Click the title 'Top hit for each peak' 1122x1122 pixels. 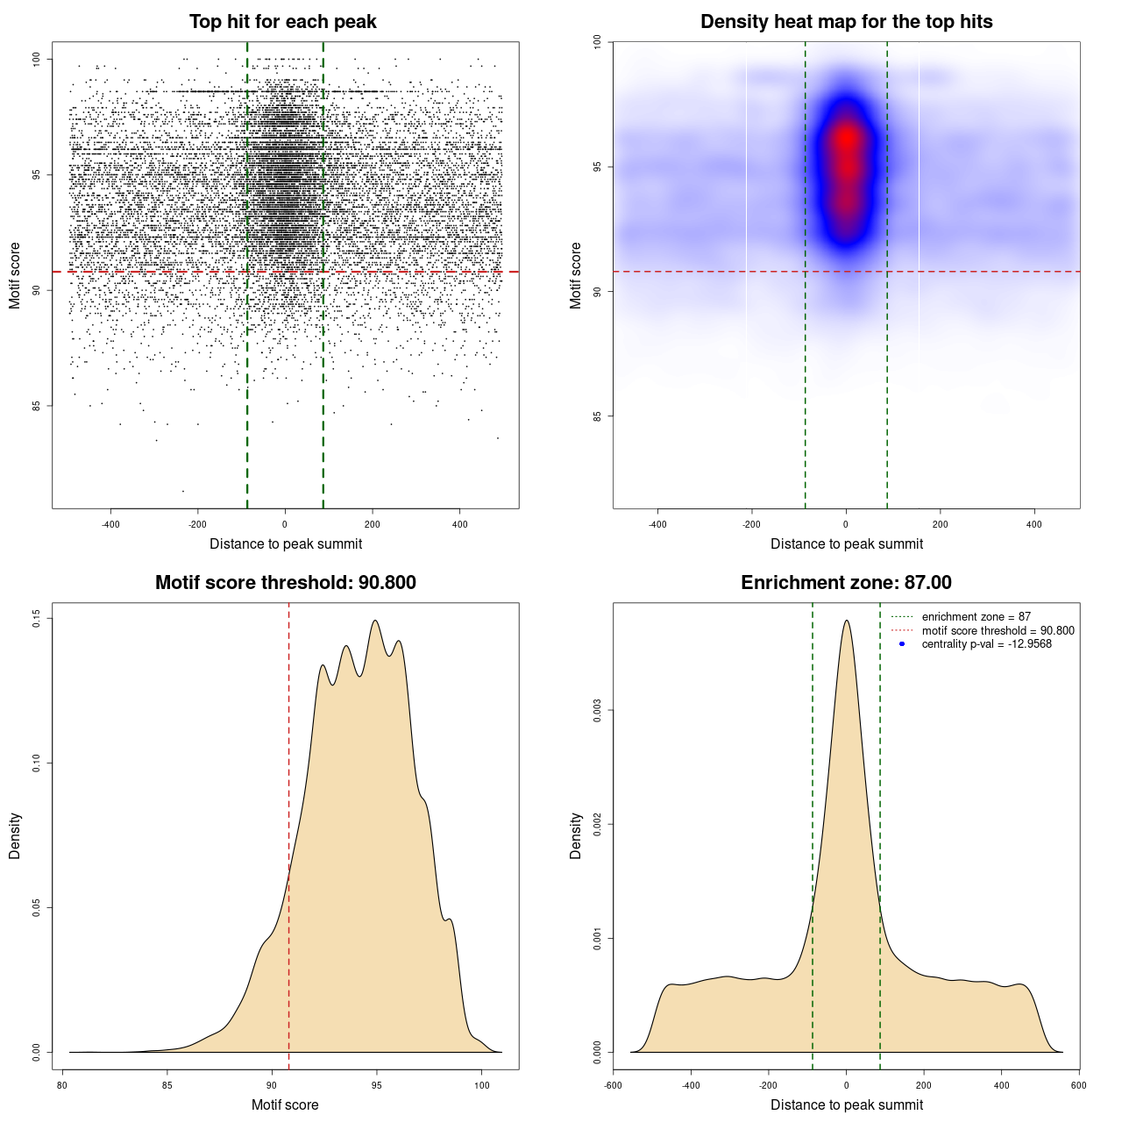pos(282,22)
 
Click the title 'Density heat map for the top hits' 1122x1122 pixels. pos(846,22)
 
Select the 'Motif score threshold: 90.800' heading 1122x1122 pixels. pos(285,583)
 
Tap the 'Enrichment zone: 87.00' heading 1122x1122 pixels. pos(846,583)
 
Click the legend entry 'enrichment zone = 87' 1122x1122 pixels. pos(976,617)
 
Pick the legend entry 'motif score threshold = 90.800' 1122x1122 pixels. pos(998,630)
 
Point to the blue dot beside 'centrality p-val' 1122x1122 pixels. pos(902,644)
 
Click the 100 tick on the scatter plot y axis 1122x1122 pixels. pos(37,59)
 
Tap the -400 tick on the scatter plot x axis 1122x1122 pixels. pos(110,524)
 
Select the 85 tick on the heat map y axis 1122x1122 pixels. pos(598,415)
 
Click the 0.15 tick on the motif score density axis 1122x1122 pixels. pos(37,619)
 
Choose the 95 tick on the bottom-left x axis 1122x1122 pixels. pos(376,1085)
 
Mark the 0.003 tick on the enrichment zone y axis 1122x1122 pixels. pos(598,711)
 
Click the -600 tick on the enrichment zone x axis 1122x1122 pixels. pos(614,1085)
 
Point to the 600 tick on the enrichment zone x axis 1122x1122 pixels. pos(1078,1085)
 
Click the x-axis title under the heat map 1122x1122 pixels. pos(846,544)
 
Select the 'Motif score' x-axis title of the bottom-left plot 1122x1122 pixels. pos(285,1105)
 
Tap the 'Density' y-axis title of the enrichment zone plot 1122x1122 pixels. pos(576,835)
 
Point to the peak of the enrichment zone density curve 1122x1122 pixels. pos(846,621)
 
